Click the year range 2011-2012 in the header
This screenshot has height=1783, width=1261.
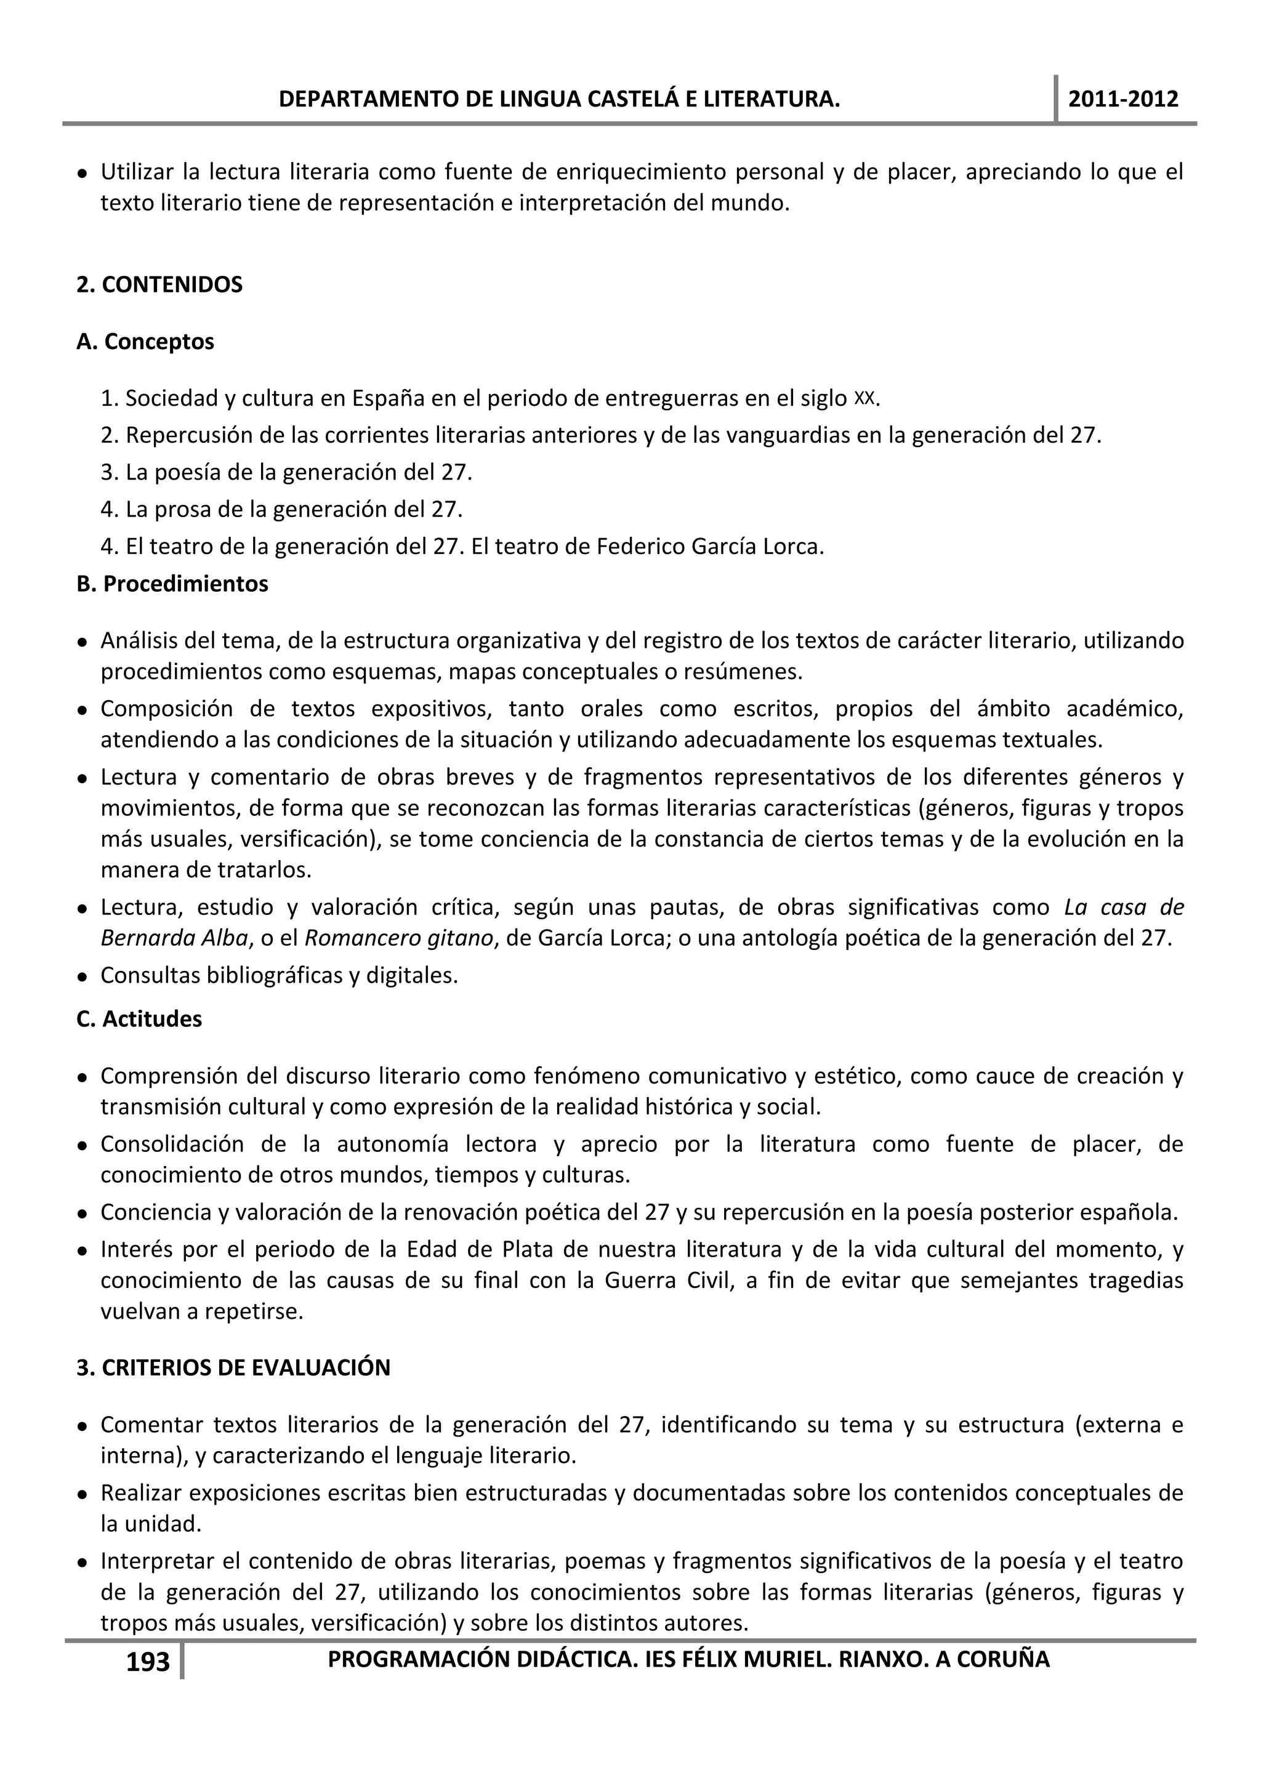click(x=1123, y=99)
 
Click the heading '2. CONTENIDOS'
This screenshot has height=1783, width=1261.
click(x=159, y=285)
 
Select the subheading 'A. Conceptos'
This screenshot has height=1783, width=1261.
click(x=145, y=342)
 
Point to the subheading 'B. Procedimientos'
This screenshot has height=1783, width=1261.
click(x=172, y=584)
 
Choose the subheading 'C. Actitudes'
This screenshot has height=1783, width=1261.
click(x=139, y=1019)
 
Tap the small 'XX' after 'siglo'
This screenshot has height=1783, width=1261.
click(x=864, y=398)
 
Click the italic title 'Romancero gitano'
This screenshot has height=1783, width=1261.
click(x=398, y=938)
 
